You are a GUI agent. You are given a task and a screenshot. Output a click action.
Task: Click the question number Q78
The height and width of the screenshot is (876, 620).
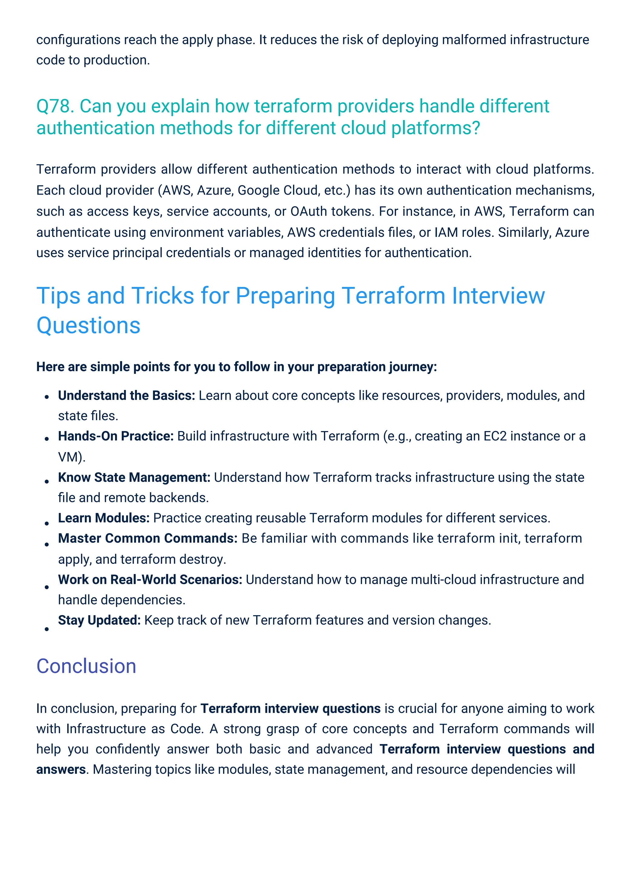54,106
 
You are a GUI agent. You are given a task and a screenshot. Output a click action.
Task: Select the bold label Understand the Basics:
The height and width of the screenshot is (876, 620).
126,396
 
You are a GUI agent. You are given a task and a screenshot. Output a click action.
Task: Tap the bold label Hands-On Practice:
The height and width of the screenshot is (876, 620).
116,436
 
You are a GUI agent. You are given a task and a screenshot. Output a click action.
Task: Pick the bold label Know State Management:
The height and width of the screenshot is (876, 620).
134,477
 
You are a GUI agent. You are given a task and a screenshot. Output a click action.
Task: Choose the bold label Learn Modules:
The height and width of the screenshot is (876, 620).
104,518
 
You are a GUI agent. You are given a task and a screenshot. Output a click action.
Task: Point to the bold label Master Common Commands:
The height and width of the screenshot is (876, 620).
148,538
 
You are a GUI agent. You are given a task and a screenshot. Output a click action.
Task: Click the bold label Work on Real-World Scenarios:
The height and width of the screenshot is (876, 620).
150,580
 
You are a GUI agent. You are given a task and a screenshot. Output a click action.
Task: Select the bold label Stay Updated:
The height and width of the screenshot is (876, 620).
99,620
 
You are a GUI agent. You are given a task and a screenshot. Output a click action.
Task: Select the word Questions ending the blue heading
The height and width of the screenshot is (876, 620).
89,325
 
